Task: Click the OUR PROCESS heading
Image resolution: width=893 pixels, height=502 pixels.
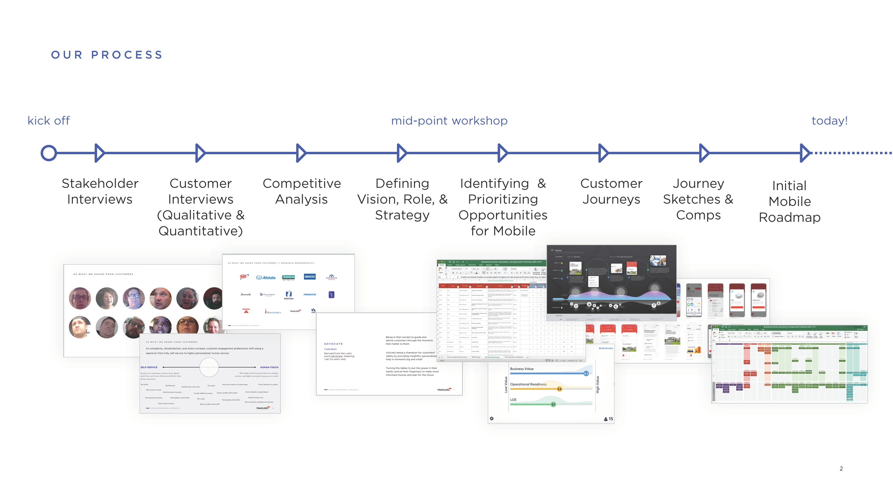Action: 107,55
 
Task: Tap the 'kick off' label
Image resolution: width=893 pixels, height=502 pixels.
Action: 49,121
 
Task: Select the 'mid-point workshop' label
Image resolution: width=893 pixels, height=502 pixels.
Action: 449,121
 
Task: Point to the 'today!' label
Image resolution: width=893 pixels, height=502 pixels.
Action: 829,121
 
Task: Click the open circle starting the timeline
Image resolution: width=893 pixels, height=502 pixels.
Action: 49,153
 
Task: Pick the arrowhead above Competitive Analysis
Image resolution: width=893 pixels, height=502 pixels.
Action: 301,153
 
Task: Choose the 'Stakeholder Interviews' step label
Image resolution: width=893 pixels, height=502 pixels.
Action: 100,191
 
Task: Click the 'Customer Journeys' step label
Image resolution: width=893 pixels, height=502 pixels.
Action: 611,191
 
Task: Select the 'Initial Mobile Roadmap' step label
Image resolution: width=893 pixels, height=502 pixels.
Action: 789,201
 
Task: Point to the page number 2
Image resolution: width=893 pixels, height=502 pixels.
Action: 841,469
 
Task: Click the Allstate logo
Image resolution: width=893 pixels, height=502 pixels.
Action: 266,278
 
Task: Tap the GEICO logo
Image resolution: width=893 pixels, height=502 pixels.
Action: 310,277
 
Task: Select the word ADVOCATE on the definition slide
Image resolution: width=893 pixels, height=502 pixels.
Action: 333,344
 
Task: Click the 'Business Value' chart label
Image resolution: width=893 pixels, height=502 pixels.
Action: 522,369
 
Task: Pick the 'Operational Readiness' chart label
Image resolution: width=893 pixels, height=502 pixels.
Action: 528,385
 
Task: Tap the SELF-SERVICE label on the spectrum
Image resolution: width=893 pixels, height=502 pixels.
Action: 149,367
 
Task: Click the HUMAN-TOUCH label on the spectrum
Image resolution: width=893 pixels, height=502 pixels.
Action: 269,367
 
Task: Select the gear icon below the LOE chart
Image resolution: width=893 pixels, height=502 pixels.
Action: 492,418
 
